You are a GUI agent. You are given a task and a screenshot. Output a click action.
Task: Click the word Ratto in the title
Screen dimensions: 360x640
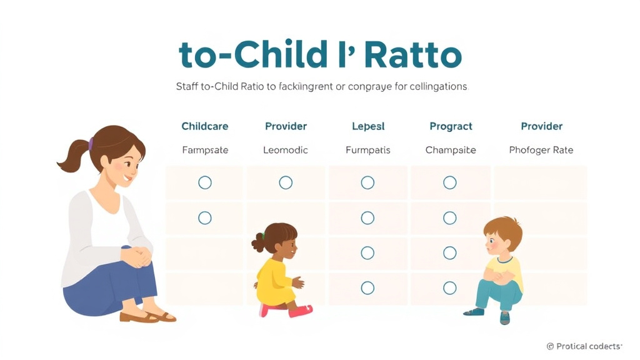coord(412,56)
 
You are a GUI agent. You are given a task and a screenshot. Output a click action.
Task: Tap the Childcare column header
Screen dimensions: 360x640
coord(204,126)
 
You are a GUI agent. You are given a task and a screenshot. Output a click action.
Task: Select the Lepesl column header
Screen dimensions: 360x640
coord(368,126)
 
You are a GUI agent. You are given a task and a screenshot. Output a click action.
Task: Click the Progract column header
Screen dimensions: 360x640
coord(451,126)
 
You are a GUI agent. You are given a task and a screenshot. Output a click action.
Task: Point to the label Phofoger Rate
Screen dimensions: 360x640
coord(541,150)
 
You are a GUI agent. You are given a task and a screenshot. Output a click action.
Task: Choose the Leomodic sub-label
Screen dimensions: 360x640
coord(285,150)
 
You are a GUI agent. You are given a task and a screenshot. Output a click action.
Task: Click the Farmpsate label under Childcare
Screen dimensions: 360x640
coord(205,150)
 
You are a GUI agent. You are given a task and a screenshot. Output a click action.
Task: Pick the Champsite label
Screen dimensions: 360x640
coord(451,150)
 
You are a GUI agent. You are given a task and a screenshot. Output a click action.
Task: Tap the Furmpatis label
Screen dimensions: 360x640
coord(368,150)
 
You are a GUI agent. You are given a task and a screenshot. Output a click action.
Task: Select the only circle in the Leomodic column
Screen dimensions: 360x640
coord(286,182)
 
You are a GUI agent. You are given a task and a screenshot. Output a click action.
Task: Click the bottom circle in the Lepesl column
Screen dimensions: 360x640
coord(367,288)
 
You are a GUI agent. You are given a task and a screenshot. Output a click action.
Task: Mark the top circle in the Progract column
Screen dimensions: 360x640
coord(450,182)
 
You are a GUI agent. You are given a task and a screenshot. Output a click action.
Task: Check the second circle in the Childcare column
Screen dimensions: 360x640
coord(204,218)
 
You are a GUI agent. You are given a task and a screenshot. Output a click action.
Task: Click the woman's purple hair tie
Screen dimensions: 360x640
coord(92,144)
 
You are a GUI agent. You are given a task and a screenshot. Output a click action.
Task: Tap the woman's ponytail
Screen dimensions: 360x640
coord(72,156)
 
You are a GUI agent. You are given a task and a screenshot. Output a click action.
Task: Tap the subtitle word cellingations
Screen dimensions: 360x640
coord(431,86)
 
